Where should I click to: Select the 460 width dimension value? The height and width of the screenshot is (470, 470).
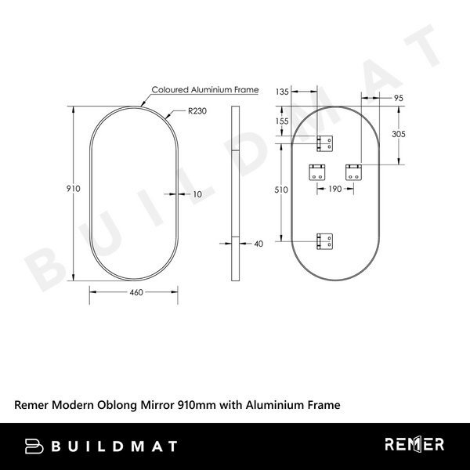pos(136,292)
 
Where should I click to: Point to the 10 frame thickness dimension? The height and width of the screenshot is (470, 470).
pos(197,193)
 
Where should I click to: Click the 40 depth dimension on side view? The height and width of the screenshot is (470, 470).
pos(259,244)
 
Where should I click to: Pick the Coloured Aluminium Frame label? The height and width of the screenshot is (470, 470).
pos(204,90)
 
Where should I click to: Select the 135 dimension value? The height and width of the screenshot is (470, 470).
pos(284,92)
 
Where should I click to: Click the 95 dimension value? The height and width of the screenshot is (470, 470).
pos(398,98)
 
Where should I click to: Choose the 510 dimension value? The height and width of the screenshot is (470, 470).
pos(283,190)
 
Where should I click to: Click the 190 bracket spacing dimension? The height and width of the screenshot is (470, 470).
pos(335,190)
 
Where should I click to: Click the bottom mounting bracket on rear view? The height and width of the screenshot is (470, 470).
pos(325,241)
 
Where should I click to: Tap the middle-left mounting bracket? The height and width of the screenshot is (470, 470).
pos(317,172)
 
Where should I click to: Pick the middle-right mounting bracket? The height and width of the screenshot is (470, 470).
pos(353,172)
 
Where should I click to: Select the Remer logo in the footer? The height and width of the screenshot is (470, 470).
pos(414,446)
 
